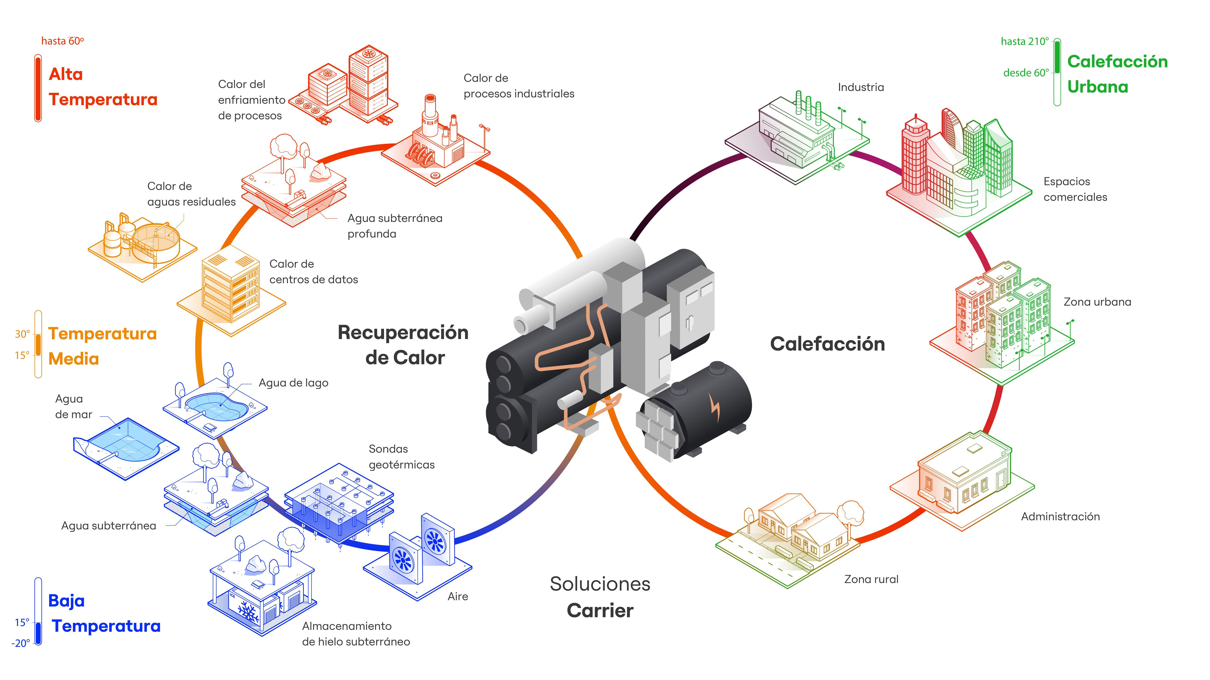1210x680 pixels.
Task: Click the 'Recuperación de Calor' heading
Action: coord(403,345)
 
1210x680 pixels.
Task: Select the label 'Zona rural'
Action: coord(871,579)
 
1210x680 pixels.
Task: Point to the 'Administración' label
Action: coord(1060,516)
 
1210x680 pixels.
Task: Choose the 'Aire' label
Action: coord(457,596)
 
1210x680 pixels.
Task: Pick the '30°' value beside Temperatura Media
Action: coord(22,334)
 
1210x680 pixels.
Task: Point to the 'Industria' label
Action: coord(861,87)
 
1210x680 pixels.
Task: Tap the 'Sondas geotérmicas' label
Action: coord(401,457)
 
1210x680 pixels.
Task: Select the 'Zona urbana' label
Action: coord(1097,302)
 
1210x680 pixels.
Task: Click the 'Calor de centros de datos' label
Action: coord(313,272)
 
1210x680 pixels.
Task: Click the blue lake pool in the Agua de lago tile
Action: coord(216,405)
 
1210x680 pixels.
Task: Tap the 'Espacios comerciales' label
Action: coord(1075,189)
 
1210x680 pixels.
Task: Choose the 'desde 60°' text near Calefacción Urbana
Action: coord(1025,73)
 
